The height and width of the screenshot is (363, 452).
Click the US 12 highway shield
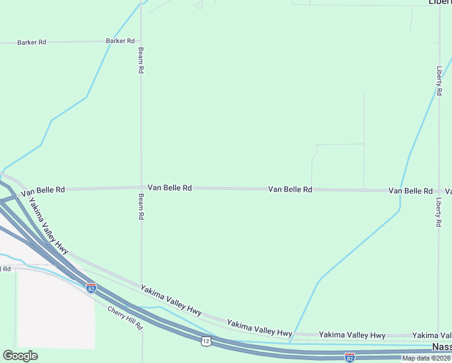[x=206, y=342]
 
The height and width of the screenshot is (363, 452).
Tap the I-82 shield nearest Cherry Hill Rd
[x=91, y=288]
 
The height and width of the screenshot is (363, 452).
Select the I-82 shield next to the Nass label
[x=349, y=357]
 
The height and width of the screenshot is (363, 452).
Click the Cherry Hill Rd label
[x=126, y=318]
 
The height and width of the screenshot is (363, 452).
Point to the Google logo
[x=20, y=355]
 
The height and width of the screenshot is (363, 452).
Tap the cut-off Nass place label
[x=442, y=347]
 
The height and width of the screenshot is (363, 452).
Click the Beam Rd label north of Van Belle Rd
[x=141, y=60]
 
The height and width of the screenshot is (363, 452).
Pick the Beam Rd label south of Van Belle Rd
[x=141, y=206]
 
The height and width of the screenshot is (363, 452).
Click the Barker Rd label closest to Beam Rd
[x=120, y=41]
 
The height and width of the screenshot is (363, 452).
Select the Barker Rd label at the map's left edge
[x=32, y=42]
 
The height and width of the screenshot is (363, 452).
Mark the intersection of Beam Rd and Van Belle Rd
[x=141, y=188]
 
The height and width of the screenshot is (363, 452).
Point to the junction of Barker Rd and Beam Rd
[x=141, y=42]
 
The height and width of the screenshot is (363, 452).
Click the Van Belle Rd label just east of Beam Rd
[x=169, y=188]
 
